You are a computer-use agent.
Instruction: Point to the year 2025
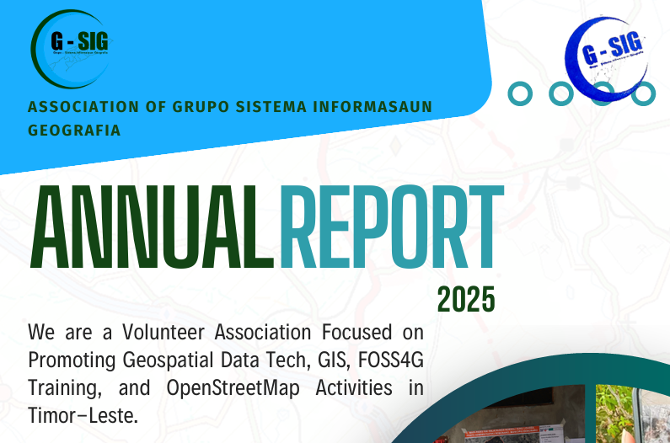(x=466, y=298)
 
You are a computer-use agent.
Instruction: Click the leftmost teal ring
(x=520, y=93)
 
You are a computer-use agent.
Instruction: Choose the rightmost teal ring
(x=644, y=93)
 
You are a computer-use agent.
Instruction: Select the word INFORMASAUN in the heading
(x=371, y=107)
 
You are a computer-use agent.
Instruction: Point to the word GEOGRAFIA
(x=74, y=131)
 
